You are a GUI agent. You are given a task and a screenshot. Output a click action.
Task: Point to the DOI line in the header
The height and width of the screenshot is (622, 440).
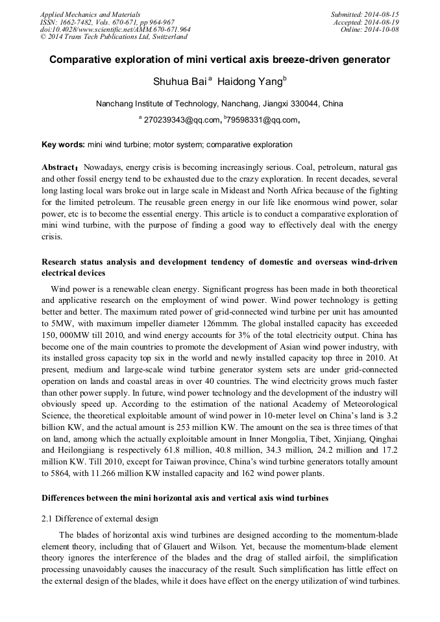[x=115, y=30]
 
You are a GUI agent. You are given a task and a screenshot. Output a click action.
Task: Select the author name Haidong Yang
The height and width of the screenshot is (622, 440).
[x=251, y=81]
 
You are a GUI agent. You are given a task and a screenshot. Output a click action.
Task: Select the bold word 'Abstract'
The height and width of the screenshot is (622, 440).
[x=58, y=167]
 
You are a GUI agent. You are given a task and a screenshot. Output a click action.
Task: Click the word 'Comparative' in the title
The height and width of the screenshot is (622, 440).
[x=77, y=60]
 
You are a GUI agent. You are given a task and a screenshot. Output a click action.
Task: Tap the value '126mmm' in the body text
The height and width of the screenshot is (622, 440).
[x=219, y=322]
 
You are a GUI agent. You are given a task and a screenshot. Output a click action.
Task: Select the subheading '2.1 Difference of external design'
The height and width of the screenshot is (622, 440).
[x=100, y=519]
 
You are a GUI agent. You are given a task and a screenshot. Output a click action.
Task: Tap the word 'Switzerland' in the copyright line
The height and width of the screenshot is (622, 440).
[x=158, y=38]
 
